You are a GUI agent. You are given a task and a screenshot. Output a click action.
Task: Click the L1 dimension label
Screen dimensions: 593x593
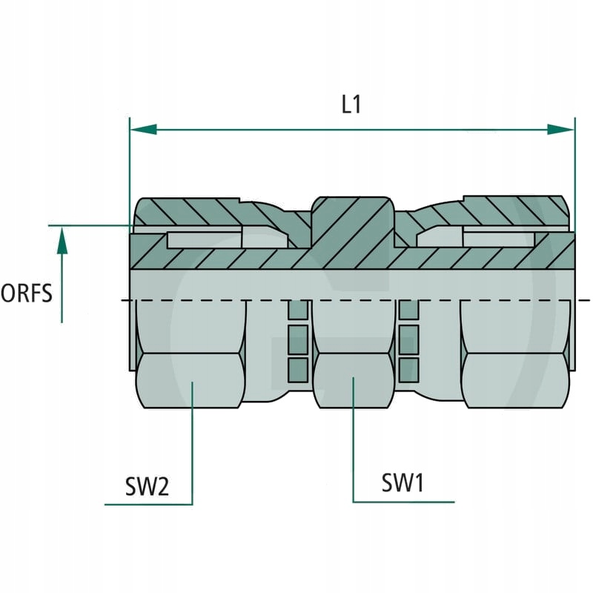point(351,105)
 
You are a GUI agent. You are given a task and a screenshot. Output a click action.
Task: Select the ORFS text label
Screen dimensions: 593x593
point(27,294)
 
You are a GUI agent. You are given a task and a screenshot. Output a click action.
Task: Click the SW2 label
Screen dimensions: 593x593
point(147,486)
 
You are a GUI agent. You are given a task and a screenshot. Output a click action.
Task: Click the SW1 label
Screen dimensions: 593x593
point(402,483)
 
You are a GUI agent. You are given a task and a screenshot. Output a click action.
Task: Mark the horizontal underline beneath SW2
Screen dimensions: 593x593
point(148,504)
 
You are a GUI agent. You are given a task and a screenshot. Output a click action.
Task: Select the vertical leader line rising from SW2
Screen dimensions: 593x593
point(193,445)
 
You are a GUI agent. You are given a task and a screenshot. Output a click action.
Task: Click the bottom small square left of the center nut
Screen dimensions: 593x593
point(297,366)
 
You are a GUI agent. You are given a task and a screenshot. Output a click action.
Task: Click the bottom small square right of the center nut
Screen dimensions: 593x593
point(407,366)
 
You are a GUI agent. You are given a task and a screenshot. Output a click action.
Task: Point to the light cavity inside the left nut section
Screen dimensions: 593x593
point(204,239)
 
